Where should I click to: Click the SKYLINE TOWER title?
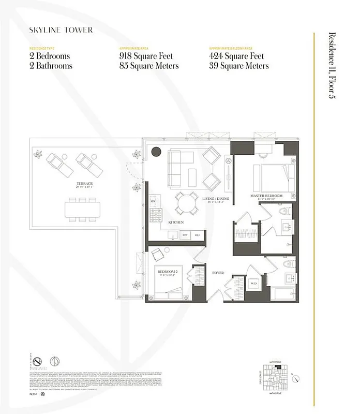click(61, 30)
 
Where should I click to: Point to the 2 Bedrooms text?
click(49, 56)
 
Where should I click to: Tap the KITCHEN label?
click(176, 223)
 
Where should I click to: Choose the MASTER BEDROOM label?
click(266, 196)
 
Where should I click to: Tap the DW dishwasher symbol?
click(185, 235)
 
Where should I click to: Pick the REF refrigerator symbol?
click(197, 235)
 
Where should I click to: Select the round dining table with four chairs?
click(186, 202)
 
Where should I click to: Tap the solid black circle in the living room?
click(156, 152)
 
